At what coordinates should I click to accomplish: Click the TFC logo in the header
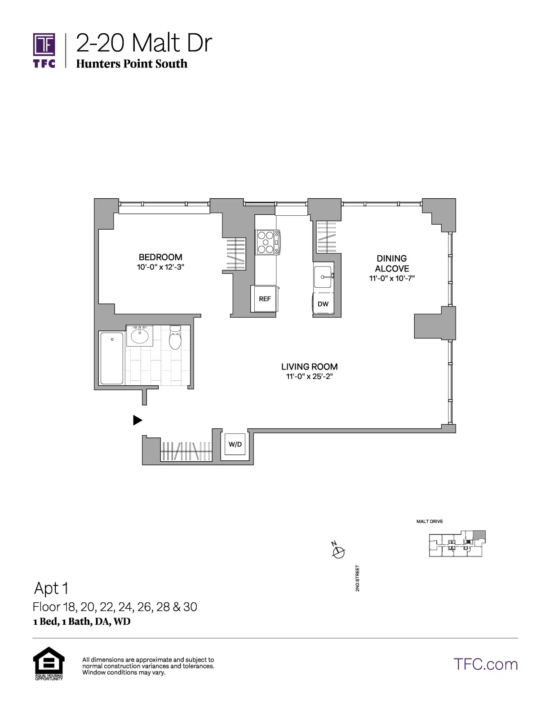click(44, 50)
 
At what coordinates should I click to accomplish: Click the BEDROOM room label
click(160, 257)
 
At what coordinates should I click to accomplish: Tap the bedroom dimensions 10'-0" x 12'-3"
click(161, 267)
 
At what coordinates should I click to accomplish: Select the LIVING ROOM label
click(309, 366)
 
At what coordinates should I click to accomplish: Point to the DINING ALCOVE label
click(392, 263)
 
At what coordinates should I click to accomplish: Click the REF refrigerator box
click(265, 298)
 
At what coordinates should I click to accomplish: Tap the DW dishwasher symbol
click(323, 304)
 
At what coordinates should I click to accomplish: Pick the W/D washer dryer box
click(235, 445)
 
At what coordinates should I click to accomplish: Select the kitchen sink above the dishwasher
click(323, 276)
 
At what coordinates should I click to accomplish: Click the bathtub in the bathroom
click(112, 358)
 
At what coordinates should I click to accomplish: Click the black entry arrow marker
click(137, 420)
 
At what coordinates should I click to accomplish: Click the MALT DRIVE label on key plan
click(430, 521)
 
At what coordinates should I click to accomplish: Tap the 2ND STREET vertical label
click(358, 578)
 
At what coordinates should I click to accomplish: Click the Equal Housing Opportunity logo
click(49, 663)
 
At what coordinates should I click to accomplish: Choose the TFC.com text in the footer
click(485, 664)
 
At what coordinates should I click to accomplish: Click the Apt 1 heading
click(51, 588)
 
